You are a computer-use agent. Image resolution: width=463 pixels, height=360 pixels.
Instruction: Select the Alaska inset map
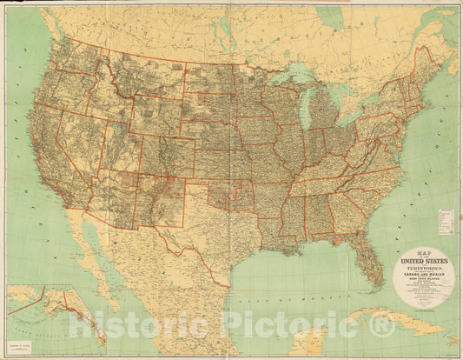click(48, 313)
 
